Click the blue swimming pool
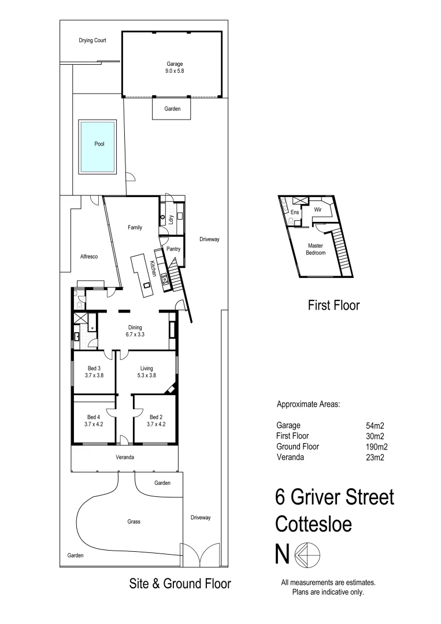point(98,147)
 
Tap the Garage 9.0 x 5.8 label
point(172,67)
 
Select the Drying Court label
point(92,41)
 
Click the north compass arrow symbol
point(307,555)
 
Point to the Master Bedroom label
point(316,250)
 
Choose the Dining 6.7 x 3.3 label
point(135,330)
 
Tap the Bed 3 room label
point(94,372)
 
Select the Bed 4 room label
point(94,420)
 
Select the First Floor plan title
point(333,305)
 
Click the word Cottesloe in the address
point(313,523)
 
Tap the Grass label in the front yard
point(134,522)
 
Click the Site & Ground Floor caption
point(179,584)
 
